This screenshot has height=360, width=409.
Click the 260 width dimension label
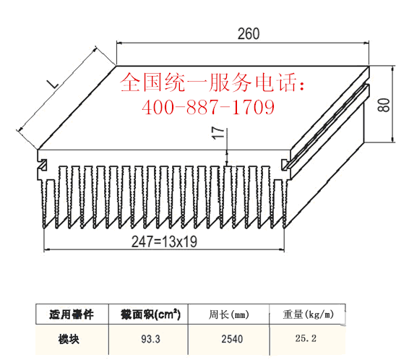[x=249, y=34]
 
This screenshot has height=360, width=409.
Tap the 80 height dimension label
[x=384, y=105]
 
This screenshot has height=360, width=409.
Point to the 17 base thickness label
[x=218, y=133]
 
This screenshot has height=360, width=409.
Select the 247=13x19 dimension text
[x=164, y=241]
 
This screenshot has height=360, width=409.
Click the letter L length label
[x=53, y=84]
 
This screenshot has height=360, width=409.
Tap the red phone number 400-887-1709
[x=208, y=107]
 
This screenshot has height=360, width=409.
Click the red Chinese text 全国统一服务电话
[x=212, y=82]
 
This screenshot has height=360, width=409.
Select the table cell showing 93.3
[x=150, y=339]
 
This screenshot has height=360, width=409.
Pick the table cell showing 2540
[x=232, y=339]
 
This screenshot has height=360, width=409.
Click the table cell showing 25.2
[x=306, y=338]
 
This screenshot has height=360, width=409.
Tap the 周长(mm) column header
[x=228, y=314]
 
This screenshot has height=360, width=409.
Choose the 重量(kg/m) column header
[x=308, y=314]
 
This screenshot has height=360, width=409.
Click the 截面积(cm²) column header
[x=150, y=314]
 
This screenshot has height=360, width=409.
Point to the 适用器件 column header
[x=72, y=314]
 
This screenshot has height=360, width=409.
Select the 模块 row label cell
[x=69, y=339]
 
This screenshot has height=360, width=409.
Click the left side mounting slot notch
[x=43, y=165]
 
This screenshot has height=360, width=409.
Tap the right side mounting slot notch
[x=285, y=165]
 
